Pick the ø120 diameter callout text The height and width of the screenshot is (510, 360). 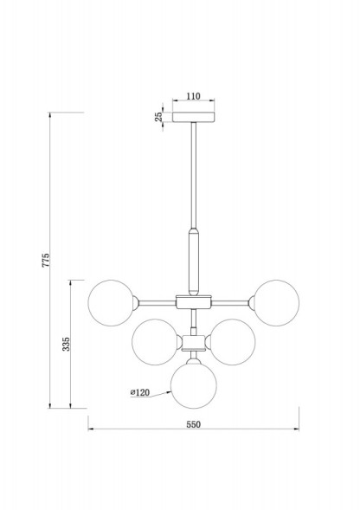[x=141, y=392]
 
